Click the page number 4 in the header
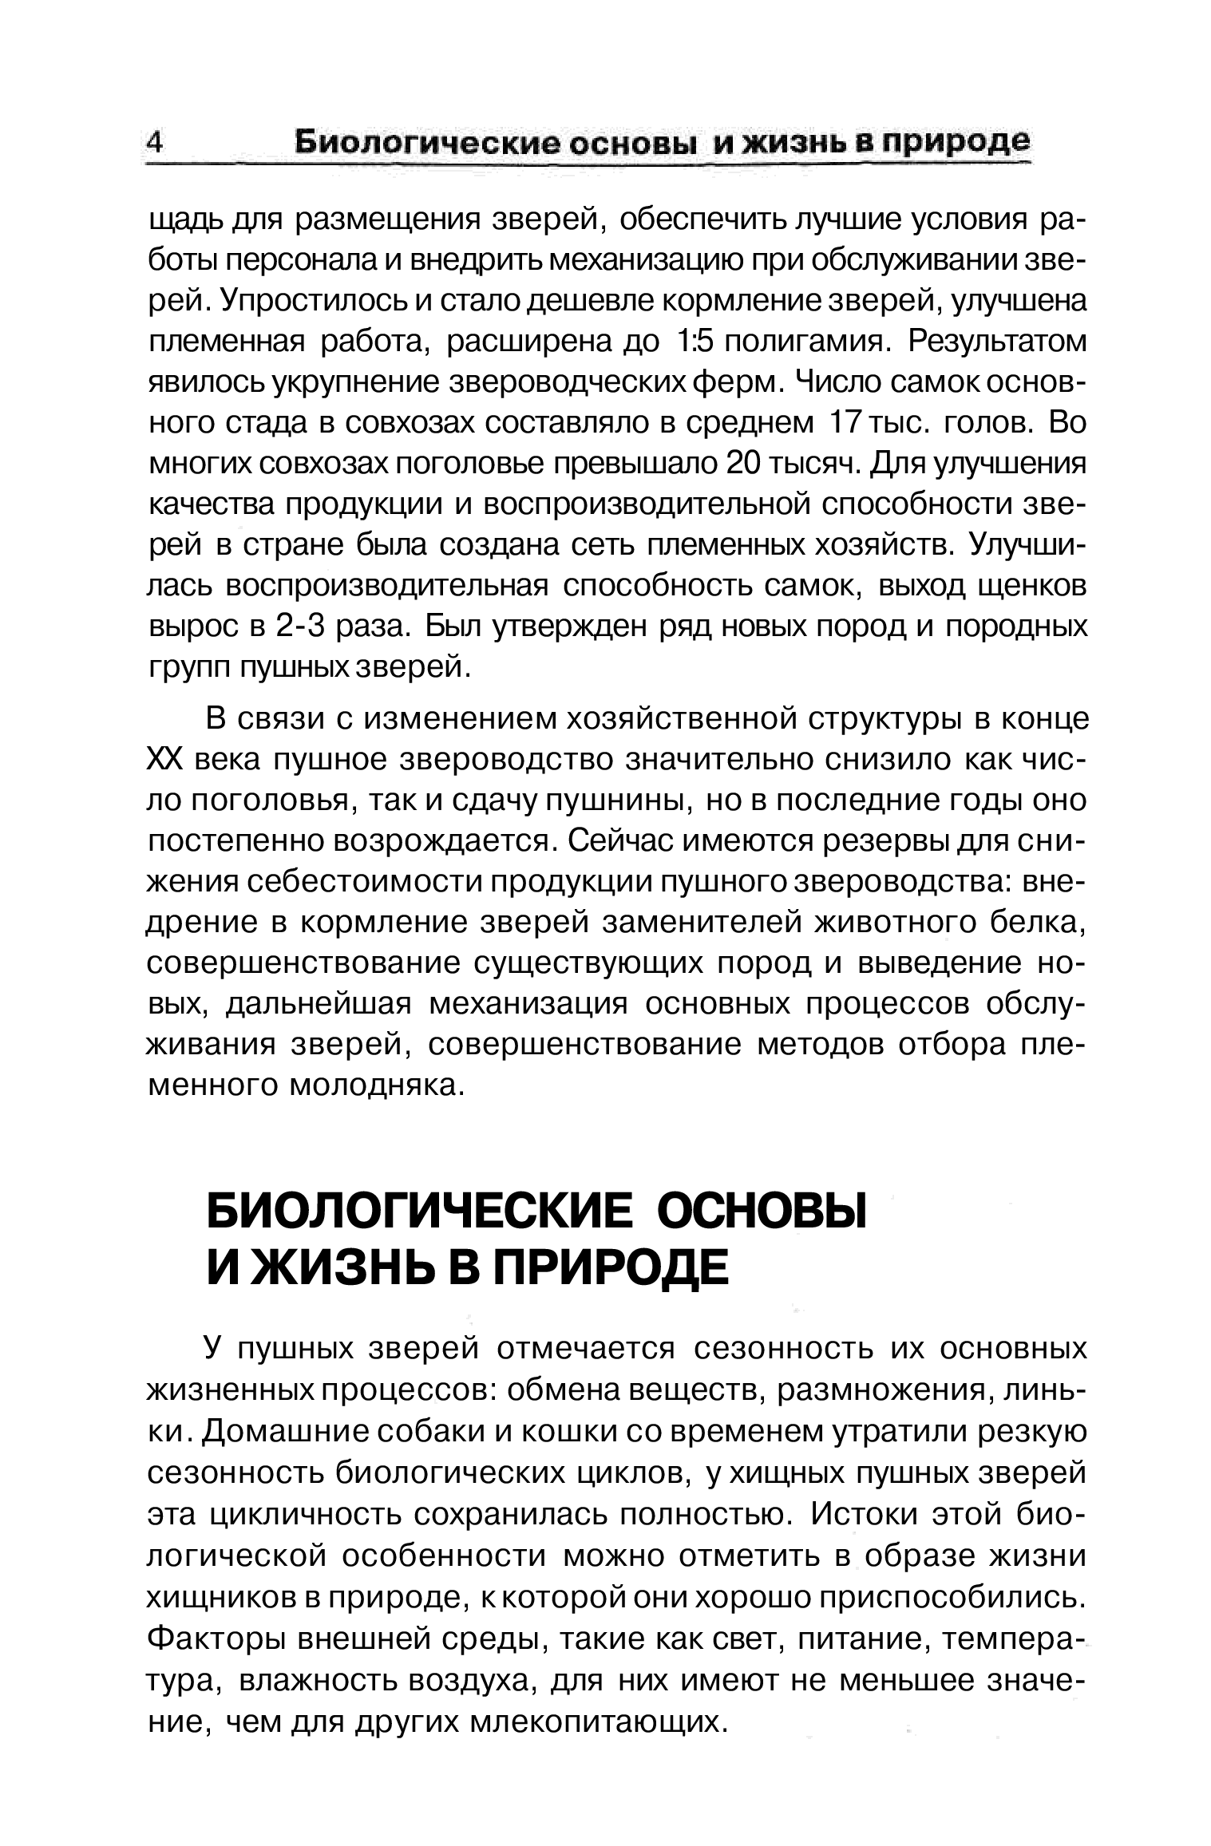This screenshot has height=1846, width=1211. click(x=155, y=143)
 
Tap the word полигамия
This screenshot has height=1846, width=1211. click(x=802, y=342)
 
